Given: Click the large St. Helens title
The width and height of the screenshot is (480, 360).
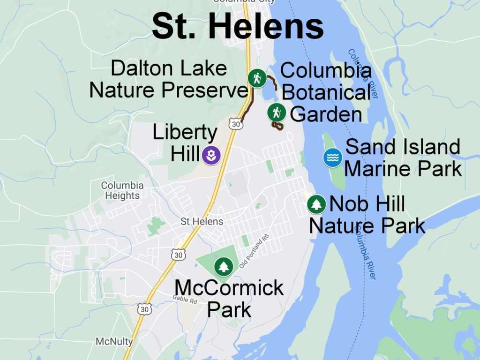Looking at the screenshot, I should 238,26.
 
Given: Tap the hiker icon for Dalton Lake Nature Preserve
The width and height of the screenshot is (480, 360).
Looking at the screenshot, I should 256,78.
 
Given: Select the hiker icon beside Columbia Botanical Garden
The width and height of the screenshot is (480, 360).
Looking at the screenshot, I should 277,112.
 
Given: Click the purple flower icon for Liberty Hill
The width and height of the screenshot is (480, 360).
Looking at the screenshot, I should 211,155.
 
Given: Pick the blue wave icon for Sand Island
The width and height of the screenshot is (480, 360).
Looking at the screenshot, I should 333,157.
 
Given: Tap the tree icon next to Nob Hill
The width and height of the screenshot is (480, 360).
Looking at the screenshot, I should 317,204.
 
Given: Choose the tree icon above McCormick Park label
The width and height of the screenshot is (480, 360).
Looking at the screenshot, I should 224,267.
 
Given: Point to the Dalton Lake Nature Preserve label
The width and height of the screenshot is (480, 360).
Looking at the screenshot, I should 169,79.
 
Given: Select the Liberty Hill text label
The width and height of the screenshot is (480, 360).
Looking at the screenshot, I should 185,143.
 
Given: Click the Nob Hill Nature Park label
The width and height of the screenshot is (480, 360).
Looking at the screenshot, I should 367,215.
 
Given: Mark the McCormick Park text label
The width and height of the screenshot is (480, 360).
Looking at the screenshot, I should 229,298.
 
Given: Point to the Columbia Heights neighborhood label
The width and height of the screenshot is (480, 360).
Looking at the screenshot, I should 122,190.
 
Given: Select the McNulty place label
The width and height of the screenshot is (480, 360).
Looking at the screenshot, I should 114,341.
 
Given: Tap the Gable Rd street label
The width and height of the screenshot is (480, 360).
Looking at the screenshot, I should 185,300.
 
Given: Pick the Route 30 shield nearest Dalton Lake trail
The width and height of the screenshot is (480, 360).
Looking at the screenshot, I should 236,124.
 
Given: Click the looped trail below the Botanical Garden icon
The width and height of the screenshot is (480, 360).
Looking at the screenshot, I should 277,126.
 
